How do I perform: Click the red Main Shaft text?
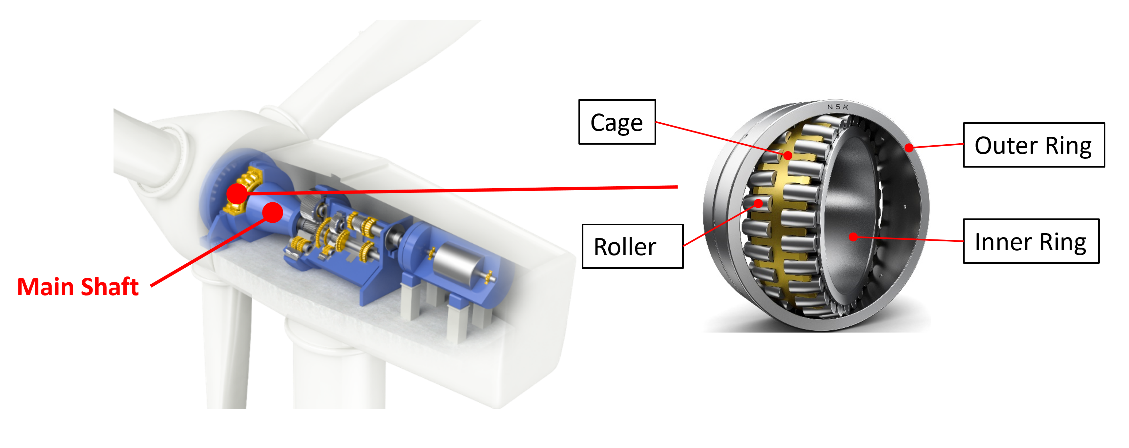[x=78, y=287]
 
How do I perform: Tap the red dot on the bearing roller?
[x=759, y=203]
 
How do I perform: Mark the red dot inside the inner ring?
[x=853, y=237]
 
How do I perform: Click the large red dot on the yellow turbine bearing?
[x=237, y=193]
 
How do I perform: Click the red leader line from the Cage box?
[x=719, y=138]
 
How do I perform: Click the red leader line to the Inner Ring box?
[x=907, y=239]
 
